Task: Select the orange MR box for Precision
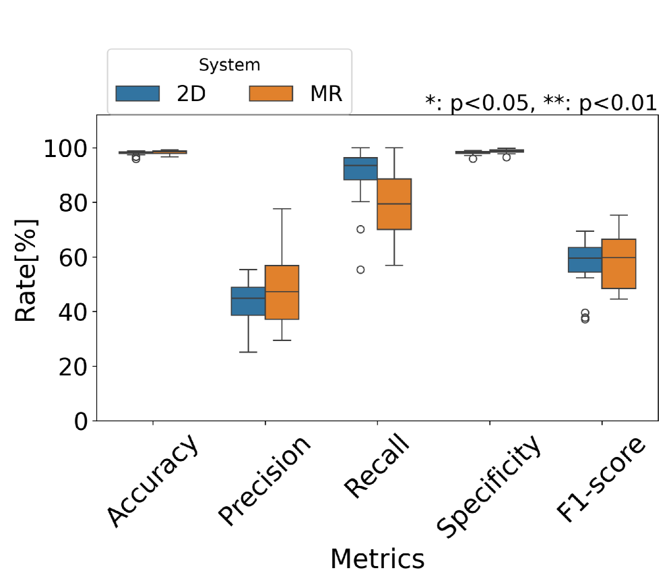[x=282, y=292]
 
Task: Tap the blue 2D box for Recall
[x=360, y=168]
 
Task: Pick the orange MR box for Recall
[x=394, y=204]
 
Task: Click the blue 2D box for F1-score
[x=585, y=259]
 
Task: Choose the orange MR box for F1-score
[x=618, y=264]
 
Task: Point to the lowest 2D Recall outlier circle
[x=360, y=270]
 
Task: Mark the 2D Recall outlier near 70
[x=360, y=229]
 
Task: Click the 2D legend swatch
[x=137, y=94]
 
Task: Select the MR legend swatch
[x=270, y=94]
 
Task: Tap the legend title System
[x=229, y=65]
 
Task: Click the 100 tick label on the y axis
[x=65, y=148]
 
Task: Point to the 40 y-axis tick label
[x=73, y=312]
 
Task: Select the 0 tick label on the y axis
[x=80, y=421]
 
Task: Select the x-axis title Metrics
[x=377, y=559]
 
